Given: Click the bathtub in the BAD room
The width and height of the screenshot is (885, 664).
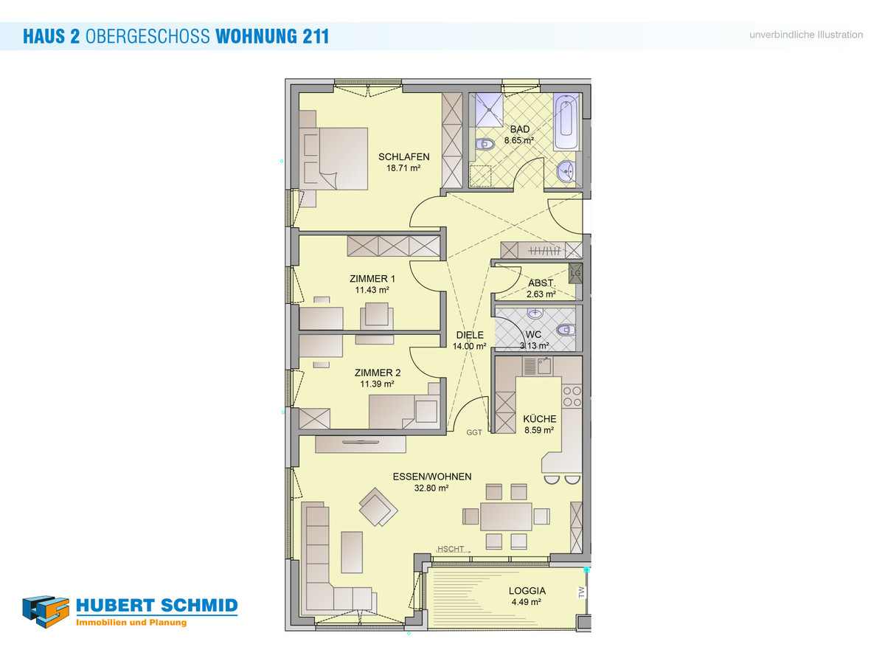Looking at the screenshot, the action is point(566,121).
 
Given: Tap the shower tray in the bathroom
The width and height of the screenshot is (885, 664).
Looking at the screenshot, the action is point(489,109).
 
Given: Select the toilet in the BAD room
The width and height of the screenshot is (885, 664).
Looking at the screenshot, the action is point(485,144).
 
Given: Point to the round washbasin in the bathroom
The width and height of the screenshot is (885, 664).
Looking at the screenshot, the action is point(566,171).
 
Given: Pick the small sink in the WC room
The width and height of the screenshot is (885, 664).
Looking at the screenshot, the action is point(535,314).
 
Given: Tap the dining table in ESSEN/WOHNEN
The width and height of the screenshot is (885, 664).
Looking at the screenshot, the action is point(506,516).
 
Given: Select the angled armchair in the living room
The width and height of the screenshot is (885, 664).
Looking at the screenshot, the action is point(378,507).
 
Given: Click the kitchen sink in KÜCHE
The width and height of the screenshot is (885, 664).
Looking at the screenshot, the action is point(538,366).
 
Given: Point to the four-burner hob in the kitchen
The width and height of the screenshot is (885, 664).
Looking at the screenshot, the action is point(572,396).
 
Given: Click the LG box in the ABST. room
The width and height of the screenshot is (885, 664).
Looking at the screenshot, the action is point(575,273).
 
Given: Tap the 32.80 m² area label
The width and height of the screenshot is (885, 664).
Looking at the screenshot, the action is point(431,488).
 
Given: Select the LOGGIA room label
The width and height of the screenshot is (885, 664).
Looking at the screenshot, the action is point(527,591).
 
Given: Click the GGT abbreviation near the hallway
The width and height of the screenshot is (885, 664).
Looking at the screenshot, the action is point(474,432).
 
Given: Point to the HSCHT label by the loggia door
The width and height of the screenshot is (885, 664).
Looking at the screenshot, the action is point(451,549).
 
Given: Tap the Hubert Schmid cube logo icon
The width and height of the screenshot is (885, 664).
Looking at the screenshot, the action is point(46,612).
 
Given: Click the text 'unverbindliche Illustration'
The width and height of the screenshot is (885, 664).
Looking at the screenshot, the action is point(806,35).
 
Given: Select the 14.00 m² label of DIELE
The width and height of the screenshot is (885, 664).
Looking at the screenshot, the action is point(469,346).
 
